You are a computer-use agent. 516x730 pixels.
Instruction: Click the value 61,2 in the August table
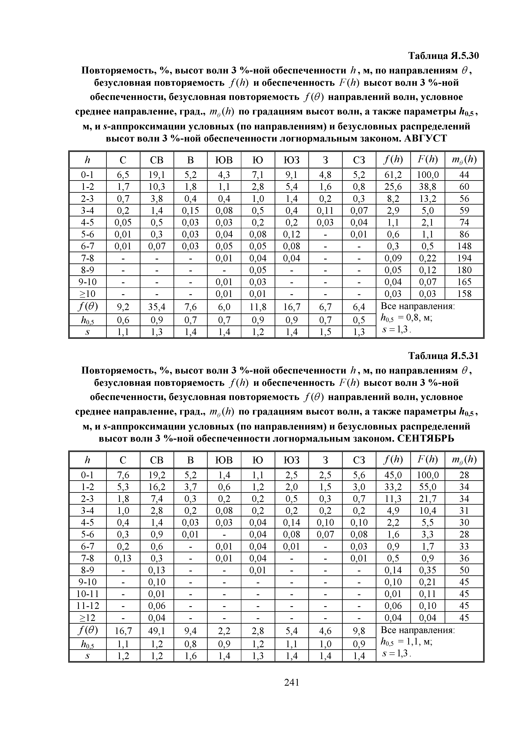coord(393,175)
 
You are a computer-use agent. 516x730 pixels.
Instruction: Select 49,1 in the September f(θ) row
coord(156,631)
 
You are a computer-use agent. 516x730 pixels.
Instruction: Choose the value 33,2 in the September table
coord(393,487)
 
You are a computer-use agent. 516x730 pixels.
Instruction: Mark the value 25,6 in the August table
coord(393,187)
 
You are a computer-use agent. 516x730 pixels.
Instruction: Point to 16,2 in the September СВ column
coord(156,487)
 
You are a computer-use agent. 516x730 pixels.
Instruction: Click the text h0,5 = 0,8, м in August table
coord(406,319)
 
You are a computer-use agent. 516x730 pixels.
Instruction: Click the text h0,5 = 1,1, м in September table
coord(406,643)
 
